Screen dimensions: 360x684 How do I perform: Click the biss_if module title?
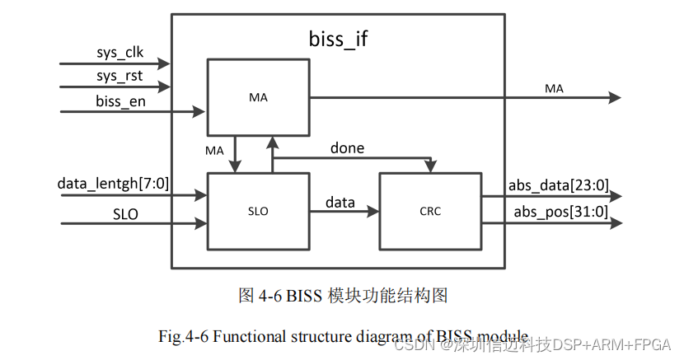(338, 39)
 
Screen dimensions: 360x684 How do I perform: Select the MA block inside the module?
(258, 98)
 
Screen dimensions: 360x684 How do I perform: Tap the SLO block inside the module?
(258, 211)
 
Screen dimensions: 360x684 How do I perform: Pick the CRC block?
(429, 211)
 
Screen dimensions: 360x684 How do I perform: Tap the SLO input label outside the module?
(125, 213)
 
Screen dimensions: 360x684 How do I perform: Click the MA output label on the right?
(554, 88)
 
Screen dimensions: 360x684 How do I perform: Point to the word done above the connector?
(347, 148)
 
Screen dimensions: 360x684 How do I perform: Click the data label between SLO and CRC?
(340, 202)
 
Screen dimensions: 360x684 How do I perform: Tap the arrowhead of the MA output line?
(615, 98)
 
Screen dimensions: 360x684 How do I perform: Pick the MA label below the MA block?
(214, 150)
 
